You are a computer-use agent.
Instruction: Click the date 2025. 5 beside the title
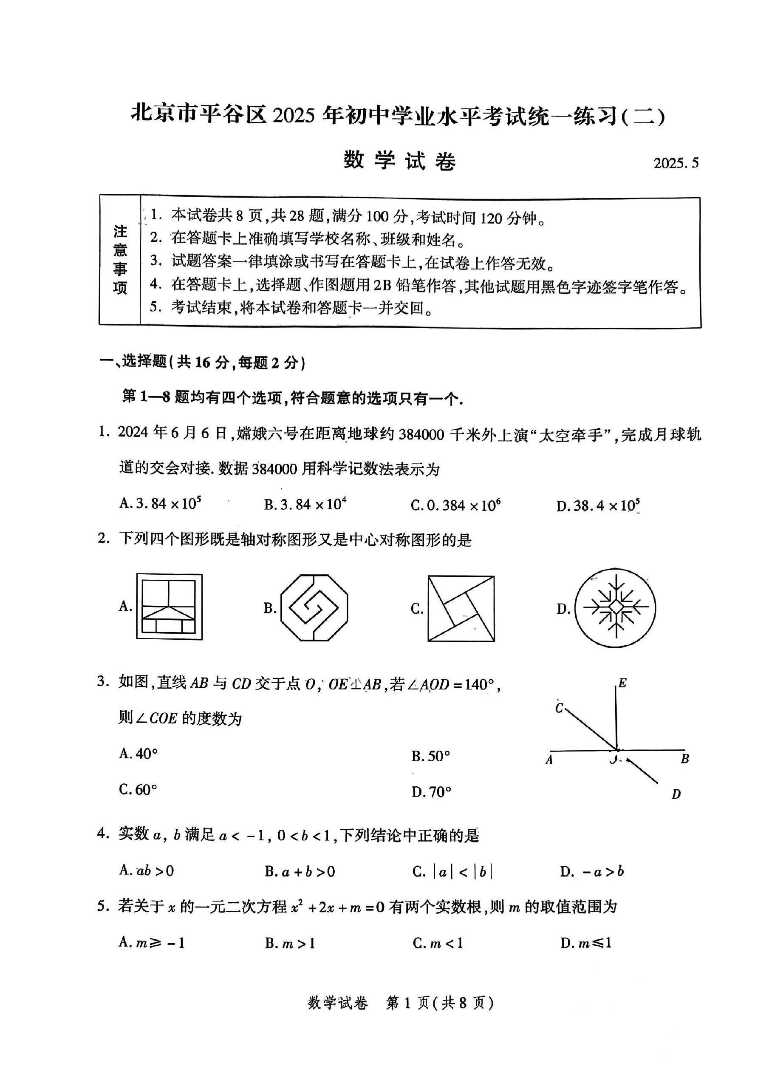(676, 163)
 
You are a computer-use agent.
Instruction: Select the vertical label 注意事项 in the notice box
(120, 259)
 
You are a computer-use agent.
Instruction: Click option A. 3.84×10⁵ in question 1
(160, 503)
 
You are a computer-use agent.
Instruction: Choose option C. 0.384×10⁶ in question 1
(455, 505)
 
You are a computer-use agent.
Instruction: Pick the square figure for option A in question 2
(169, 607)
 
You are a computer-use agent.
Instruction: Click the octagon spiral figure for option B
(314, 607)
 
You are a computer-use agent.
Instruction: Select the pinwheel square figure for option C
(461, 609)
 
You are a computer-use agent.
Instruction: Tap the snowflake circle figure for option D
(615, 608)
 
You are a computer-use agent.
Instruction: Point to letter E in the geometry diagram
(622, 683)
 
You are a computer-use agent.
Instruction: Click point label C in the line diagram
(560, 709)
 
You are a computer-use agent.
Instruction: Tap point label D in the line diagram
(676, 794)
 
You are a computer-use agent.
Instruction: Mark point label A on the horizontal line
(549, 760)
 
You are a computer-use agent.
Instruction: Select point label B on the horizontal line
(684, 759)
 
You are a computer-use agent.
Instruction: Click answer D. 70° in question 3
(431, 791)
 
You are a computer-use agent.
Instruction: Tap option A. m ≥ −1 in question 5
(152, 942)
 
